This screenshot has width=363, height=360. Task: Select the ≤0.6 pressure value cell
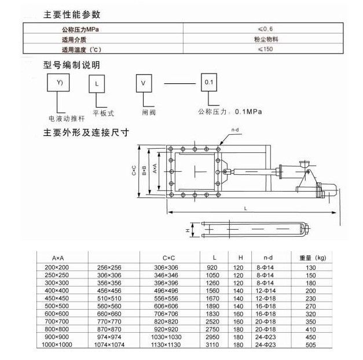tap(264, 28)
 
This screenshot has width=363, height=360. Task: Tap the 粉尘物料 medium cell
tap(264, 39)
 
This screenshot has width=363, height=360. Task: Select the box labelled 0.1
tap(210, 82)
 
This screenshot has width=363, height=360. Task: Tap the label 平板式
tap(104, 113)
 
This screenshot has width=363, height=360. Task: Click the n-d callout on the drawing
tap(235, 130)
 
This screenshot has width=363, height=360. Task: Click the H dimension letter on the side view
tap(188, 230)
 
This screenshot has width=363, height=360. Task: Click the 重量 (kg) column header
tap(313, 258)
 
